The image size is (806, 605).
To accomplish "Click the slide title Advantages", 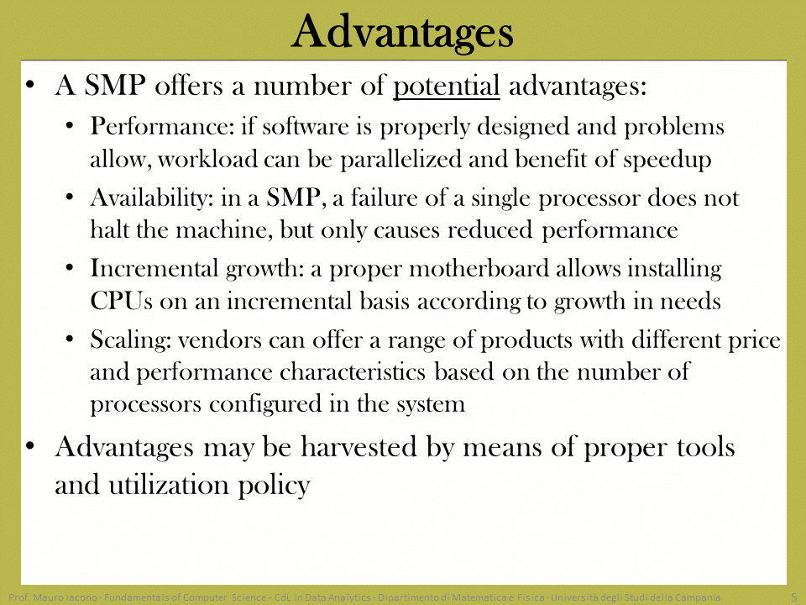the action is click(x=402, y=32).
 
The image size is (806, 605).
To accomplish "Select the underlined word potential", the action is click(x=446, y=86).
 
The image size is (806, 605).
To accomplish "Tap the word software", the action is click(x=306, y=126).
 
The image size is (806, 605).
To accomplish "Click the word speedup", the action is click(x=667, y=160).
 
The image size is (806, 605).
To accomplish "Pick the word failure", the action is click(x=384, y=197).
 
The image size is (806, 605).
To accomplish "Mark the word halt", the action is click(x=109, y=229).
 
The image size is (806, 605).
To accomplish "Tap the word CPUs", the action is click(x=121, y=301).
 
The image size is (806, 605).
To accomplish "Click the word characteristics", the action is click(x=353, y=372).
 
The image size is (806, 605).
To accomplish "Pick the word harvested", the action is click(x=359, y=446).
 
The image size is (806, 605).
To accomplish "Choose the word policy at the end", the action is click(x=274, y=485).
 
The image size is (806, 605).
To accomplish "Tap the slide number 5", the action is click(x=794, y=597).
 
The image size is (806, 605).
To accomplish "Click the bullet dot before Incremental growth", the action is click(x=70, y=269).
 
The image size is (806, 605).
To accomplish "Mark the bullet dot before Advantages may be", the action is click(x=30, y=445).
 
